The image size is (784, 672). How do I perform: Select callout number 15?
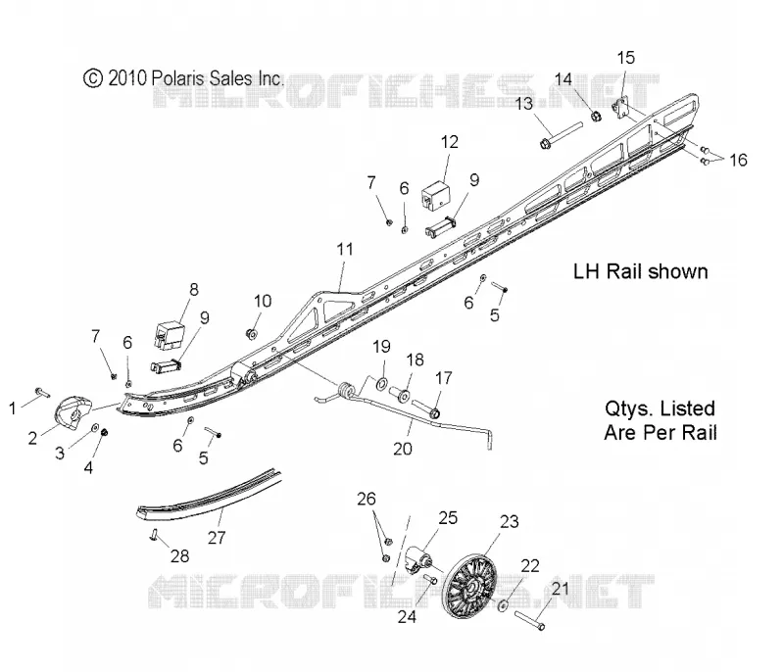pos(625,58)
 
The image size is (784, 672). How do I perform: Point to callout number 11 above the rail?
pos(345,249)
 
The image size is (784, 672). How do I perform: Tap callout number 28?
pos(180,556)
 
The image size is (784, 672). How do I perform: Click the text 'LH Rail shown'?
pos(640,271)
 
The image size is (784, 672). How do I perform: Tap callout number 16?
pos(738,161)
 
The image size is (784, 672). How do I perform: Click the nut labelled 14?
pos(596,116)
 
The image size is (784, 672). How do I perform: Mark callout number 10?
pos(263,302)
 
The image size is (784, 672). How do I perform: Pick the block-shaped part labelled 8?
pos(169,333)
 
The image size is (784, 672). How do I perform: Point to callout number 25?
pos(448,517)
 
